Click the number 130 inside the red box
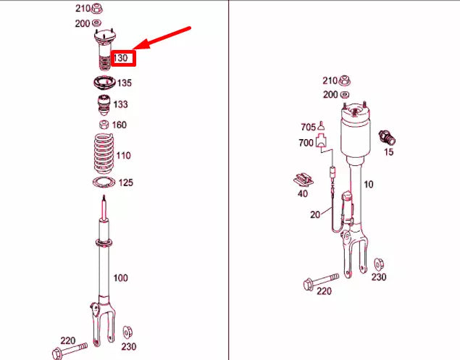[121, 58]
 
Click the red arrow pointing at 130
[162, 38]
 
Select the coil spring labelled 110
[104, 154]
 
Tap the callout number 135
[125, 83]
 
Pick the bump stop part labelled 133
[104, 105]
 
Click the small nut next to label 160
[104, 125]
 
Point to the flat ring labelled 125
[104, 183]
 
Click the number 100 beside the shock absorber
[120, 278]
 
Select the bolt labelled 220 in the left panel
[70, 349]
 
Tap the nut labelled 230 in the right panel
[379, 265]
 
